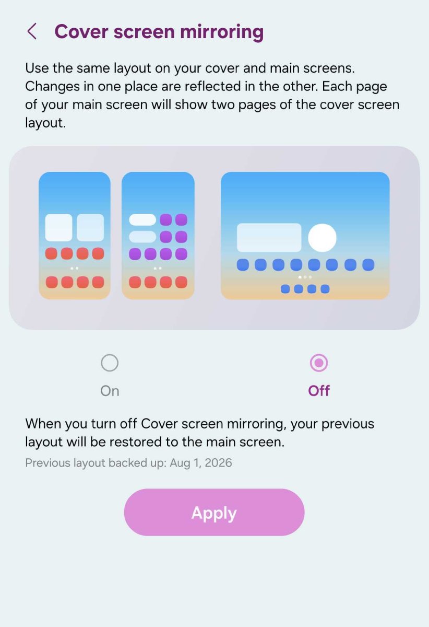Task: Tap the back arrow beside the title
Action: coord(32,31)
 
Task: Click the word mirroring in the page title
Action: coord(222,32)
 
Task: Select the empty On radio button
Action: coord(110,363)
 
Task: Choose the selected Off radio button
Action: coord(319,363)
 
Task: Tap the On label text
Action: coord(110,391)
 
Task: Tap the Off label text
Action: coord(319,391)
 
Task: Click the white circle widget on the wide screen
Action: coord(322,238)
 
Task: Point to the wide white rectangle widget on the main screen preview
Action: coord(269,237)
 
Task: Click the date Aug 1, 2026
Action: coord(201,463)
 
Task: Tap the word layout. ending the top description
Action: coord(45,123)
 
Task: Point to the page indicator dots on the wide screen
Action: coord(305,277)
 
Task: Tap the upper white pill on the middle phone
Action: coord(142,220)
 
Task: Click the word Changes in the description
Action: coord(52,87)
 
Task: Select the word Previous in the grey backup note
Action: coord(48,463)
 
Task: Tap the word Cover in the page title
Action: coord(81,32)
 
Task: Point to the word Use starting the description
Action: coord(37,68)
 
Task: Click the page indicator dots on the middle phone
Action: coord(158,269)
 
